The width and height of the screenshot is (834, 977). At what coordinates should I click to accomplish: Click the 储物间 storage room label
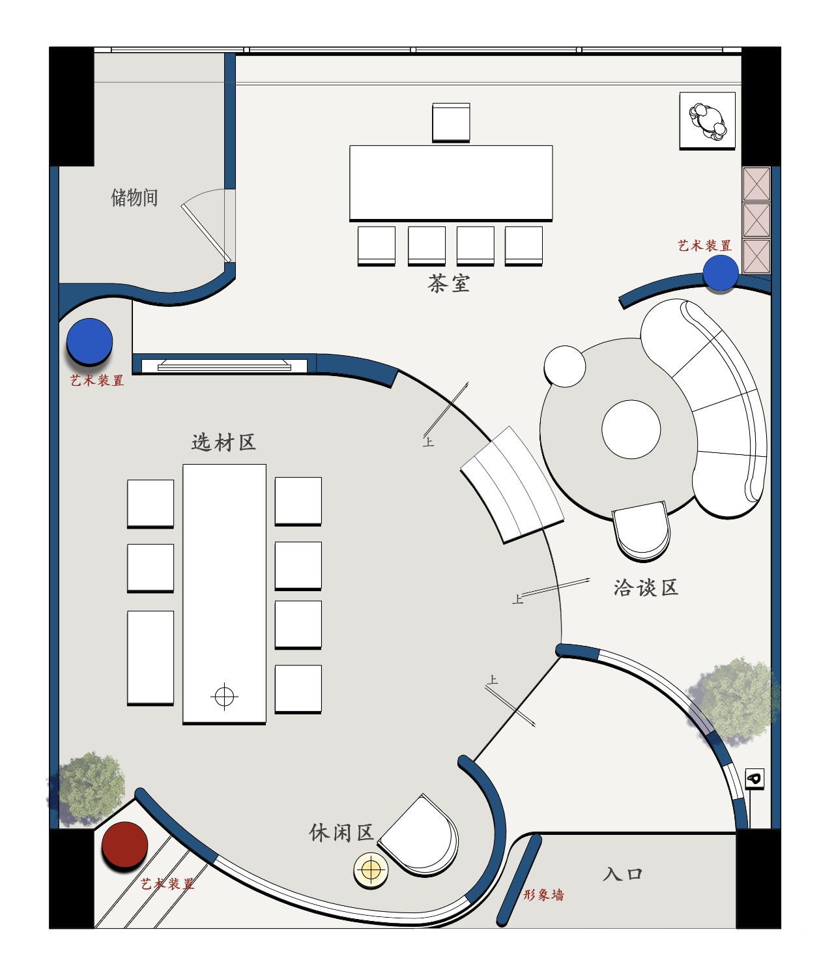pyautogui.click(x=134, y=197)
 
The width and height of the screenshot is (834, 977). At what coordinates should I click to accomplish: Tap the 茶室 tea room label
pyautogui.click(x=449, y=284)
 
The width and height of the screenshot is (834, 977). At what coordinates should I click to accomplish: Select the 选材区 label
pyautogui.click(x=223, y=443)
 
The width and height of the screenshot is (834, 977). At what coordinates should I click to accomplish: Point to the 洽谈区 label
pyautogui.click(x=646, y=588)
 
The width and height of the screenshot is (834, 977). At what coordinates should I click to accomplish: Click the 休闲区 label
pyautogui.click(x=341, y=832)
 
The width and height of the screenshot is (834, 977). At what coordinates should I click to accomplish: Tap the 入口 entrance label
pyautogui.click(x=622, y=874)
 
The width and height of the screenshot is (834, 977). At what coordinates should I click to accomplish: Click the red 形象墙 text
pyautogui.click(x=543, y=895)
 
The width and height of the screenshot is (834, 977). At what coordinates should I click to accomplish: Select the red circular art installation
pyautogui.click(x=124, y=845)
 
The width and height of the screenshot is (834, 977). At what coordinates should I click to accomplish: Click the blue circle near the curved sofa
pyautogui.click(x=721, y=272)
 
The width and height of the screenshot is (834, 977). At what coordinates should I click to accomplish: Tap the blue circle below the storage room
pyautogui.click(x=90, y=341)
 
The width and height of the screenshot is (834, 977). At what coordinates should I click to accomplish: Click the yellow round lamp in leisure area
pyautogui.click(x=371, y=869)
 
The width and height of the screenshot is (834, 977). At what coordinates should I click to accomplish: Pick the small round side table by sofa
pyautogui.click(x=565, y=366)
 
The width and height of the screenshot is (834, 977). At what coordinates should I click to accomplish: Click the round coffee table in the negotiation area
pyautogui.click(x=631, y=430)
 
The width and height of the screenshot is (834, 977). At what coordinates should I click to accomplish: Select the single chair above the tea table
pyautogui.click(x=451, y=122)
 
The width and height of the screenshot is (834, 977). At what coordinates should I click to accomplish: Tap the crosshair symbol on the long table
pyautogui.click(x=224, y=697)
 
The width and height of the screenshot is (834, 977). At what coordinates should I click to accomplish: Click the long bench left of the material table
pyautogui.click(x=151, y=657)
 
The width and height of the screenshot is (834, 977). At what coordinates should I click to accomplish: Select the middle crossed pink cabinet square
pyautogui.click(x=756, y=220)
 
